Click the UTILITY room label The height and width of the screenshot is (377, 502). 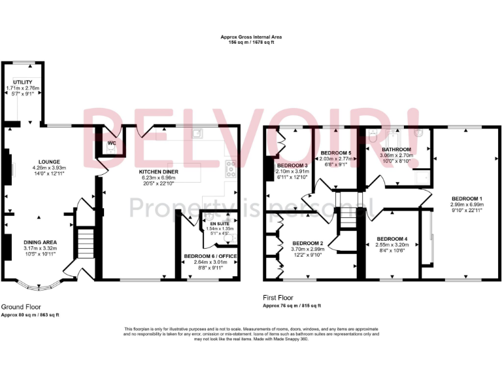pos(22,82)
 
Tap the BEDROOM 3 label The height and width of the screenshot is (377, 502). pos(292,165)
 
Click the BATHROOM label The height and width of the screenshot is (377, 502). pos(396,150)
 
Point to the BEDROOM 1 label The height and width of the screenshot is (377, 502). pos(467,198)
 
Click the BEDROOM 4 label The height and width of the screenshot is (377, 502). pos(392,238)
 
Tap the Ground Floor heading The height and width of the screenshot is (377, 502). pos(20,306)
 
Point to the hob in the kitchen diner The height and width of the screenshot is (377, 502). pos(230,169)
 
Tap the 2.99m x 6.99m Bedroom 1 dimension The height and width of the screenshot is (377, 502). pos(467,204)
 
